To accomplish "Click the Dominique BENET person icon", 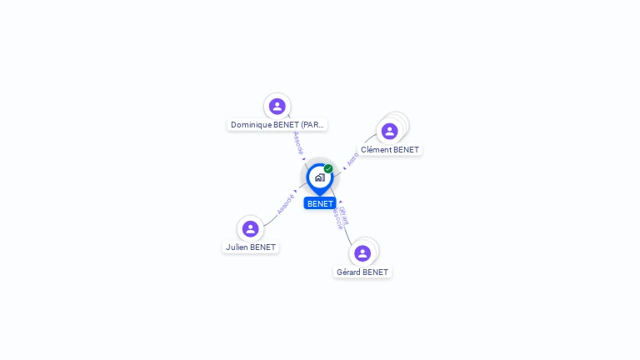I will click(x=277, y=106).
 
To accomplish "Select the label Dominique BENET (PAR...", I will click(x=277, y=125).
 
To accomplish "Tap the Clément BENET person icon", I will click(x=389, y=132).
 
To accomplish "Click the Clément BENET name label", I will click(x=390, y=150).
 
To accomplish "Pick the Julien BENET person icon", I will click(x=250, y=228).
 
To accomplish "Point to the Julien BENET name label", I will click(x=250, y=247).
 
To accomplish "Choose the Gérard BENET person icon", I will click(x=362, y=253).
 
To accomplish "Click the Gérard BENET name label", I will click(x=362, y=272).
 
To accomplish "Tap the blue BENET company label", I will click(x=320, y=203).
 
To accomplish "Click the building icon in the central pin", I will click(x=319, y=177).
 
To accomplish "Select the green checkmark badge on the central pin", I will click(x=328, y=169).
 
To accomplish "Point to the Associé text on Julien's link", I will click(x=285, y=204).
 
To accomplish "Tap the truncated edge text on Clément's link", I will click(x=353, y=158).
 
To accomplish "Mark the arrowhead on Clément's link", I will click(x=344, y=167).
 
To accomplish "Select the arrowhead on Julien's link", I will click(x=296, y=191).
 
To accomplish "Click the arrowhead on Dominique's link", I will click(x=304, y=159).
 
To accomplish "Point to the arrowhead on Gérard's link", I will click(x=339, y=202).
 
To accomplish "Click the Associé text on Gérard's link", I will click(x=337, y=218).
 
